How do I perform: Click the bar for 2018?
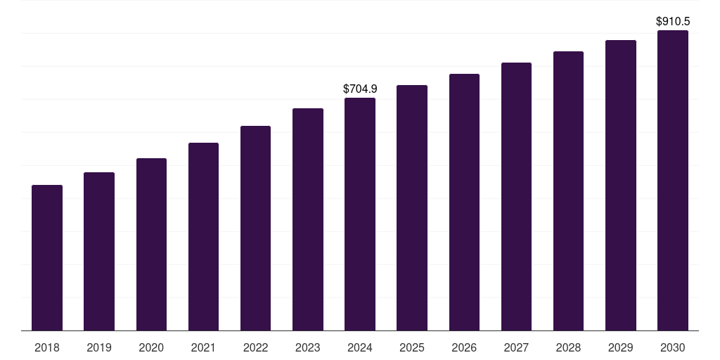pos(47,257)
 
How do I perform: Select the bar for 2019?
pos(99,251)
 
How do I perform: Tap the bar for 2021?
pos(203,236)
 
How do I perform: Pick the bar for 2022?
pos(255,228)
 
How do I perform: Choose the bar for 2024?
pos(360,214)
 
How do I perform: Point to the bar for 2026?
pos(464,202)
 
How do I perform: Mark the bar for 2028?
pos(568,191)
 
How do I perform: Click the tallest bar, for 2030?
pos(673,180)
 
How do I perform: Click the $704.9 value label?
pos(360,89)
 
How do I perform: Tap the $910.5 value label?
pos(673,22)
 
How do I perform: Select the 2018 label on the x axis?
pos(47,347)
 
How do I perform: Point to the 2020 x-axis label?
pos(151,347)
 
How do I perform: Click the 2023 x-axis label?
pos(308,347)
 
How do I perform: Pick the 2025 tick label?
pos(412,347)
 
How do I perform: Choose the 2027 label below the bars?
pos(516,347)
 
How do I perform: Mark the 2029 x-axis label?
pos(621,347)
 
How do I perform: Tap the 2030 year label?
pos(673,347)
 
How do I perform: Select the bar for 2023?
pos(308,219)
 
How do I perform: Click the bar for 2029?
pos(621,185)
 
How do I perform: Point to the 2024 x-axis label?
pos(360,347)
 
